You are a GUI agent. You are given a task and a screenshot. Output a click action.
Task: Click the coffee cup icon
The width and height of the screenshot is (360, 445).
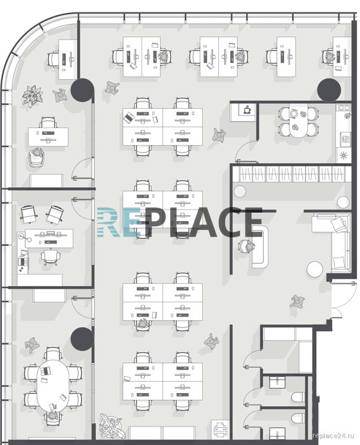coord(247,109)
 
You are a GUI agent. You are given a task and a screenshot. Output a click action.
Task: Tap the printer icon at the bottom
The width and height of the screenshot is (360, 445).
coord(220,429)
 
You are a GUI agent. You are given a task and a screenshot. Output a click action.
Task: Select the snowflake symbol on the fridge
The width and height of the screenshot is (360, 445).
coord(343,155)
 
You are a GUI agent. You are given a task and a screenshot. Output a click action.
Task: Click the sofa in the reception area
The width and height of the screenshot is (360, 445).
coord(333,243)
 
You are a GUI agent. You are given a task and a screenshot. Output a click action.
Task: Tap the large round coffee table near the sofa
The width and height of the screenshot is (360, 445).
coord(315,269)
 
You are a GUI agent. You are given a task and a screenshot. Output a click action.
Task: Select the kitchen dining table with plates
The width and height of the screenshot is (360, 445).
coord(299,121)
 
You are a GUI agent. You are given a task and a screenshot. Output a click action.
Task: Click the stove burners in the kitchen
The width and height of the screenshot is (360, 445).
coord(344,108)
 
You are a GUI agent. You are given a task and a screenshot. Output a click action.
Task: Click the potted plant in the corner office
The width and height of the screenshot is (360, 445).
coord(32,96)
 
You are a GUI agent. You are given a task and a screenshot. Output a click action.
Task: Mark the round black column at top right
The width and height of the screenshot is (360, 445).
coord(329,90)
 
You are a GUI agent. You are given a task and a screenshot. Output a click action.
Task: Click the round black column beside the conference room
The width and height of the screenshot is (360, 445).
coord(82,339)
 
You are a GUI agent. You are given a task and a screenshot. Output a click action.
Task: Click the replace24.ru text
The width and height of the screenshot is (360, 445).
coord(333,435)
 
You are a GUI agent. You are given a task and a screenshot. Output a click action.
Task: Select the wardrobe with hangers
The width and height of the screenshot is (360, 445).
coord(292,174)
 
